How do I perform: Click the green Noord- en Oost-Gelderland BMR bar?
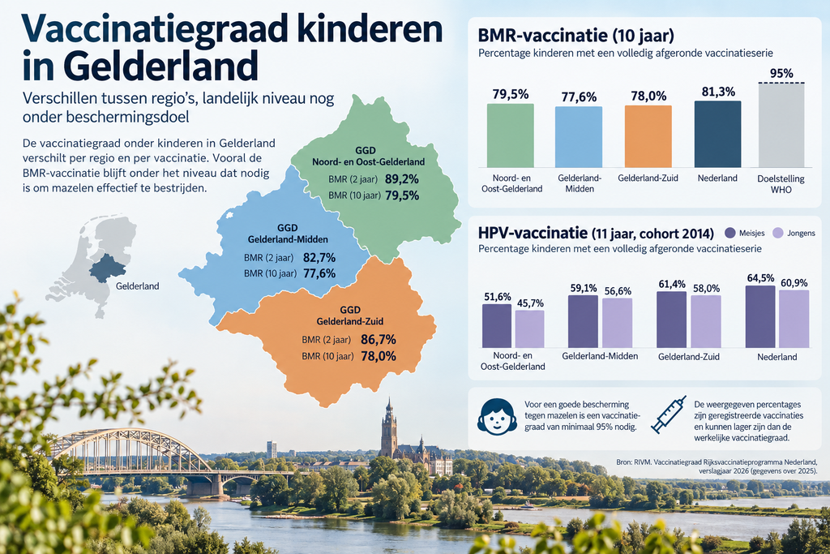(x=511, y=135)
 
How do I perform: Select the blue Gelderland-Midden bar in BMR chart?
(x=579, y=137)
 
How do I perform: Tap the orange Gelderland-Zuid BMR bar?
(x=648, y=136)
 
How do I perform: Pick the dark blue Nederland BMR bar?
(x=718, y=134)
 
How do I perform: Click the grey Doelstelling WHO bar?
(x=781, y=126)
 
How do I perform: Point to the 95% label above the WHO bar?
(x=781, y=73)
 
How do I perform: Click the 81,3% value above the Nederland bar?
(x=718, y=92)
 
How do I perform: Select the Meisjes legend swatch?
(x=730, y=233)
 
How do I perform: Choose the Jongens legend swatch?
(x=777, y=233)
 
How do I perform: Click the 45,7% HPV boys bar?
(x=530, y=329)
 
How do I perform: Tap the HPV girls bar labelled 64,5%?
(x=760, y=316)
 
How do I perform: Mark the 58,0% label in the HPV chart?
(x=706, y=288)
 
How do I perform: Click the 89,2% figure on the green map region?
(x=402, y=179)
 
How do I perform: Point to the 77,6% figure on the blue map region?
(x=319, y=273)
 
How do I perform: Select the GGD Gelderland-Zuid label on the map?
(x=350, y=316)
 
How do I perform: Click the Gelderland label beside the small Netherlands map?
(x=137, y=286)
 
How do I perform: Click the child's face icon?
(x=497, y=417)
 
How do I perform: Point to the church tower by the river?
(x=389, y=429)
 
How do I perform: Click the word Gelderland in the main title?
(x=161, y=67)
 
